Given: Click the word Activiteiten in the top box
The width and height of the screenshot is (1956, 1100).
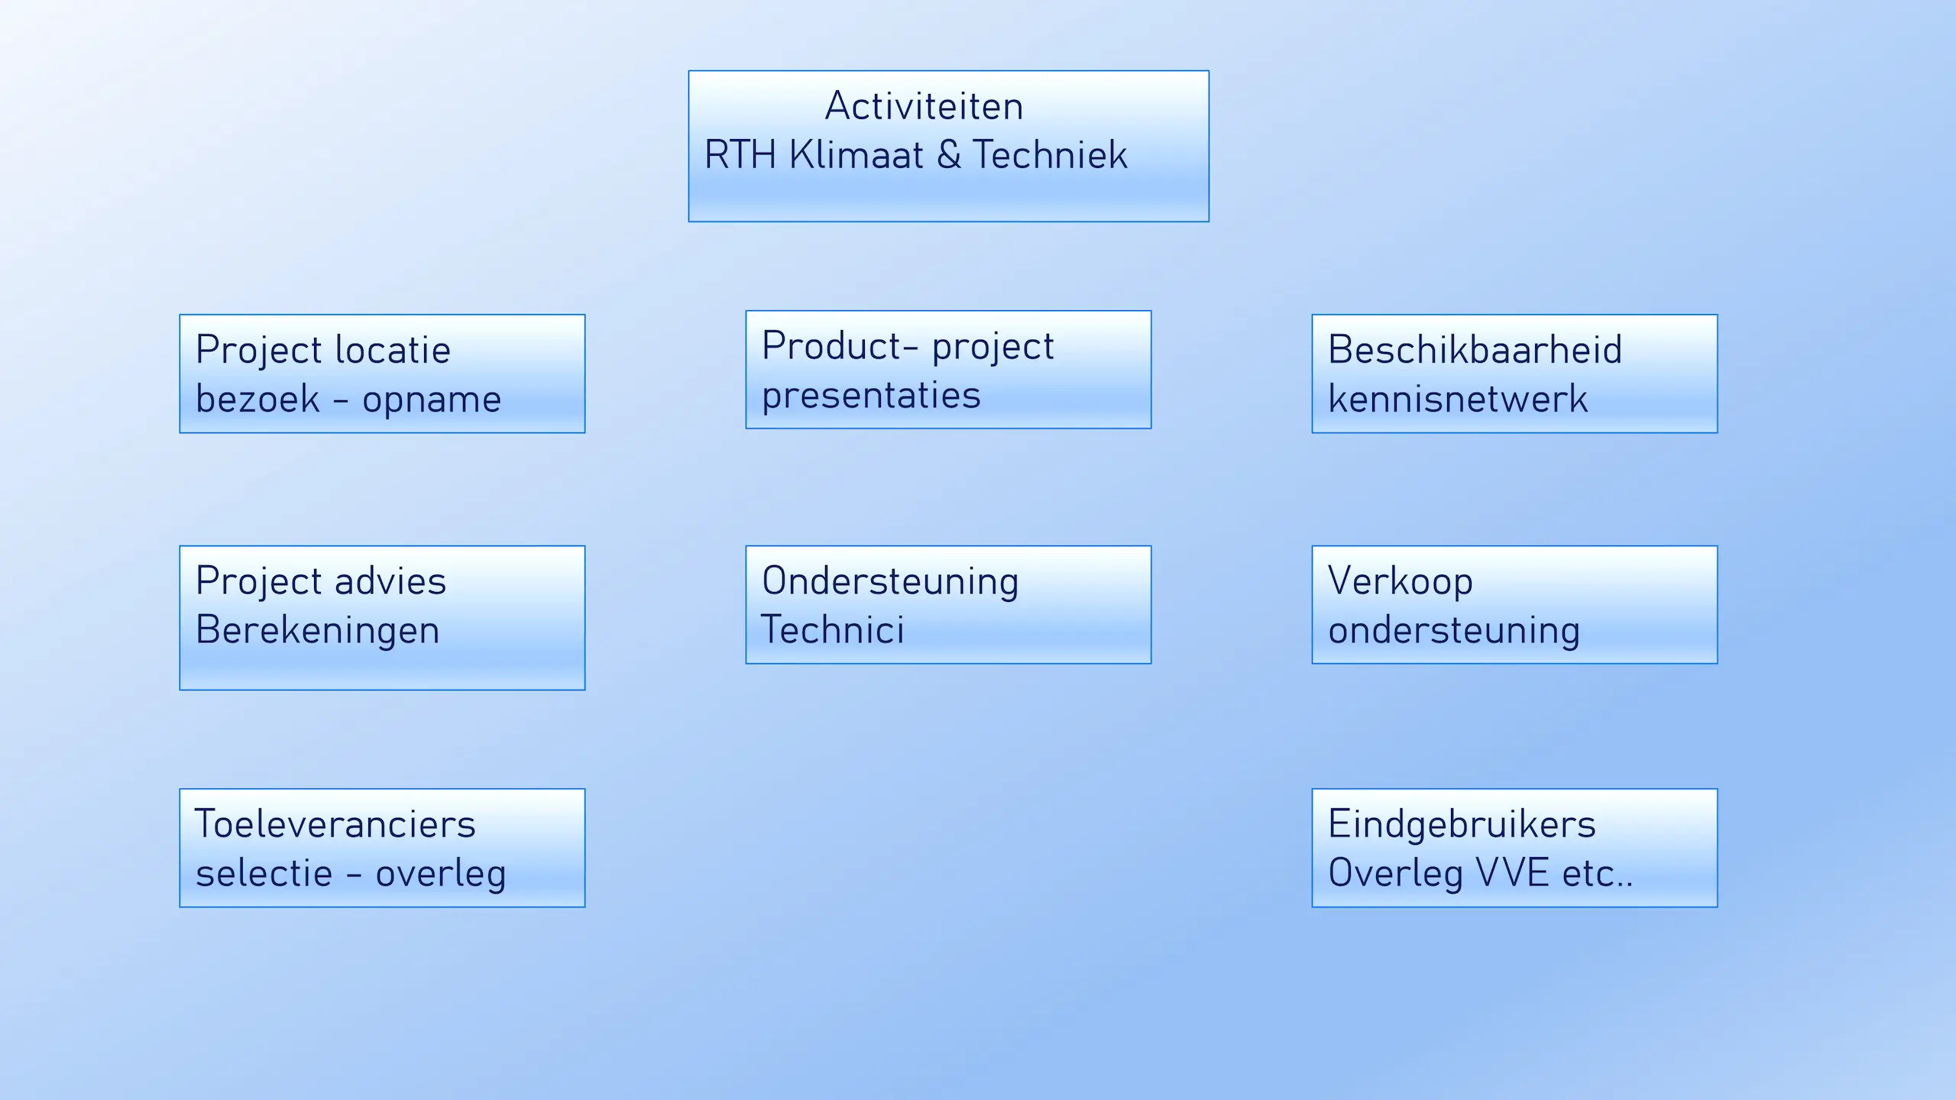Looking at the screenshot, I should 924,106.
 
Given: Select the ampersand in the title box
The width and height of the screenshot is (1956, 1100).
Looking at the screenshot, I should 948,154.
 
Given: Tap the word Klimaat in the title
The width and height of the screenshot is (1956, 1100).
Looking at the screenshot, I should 856,154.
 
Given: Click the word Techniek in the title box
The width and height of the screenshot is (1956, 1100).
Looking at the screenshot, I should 1050,154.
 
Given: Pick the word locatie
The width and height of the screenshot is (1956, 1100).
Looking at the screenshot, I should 393,350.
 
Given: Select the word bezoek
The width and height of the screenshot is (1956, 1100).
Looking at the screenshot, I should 257,399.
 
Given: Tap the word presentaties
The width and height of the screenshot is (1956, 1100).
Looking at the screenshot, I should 871,396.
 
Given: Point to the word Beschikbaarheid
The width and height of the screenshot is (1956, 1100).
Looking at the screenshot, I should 1475,350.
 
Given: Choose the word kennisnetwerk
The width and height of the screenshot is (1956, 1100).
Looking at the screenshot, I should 1458,399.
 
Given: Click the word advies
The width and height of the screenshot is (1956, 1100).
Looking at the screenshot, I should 390,581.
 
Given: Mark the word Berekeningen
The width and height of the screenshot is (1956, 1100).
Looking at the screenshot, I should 318,631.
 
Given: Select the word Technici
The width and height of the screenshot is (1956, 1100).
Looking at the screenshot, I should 833,630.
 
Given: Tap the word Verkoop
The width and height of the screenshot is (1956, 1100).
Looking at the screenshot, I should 1401,581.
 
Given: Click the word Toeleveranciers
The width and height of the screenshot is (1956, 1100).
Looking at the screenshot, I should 335,824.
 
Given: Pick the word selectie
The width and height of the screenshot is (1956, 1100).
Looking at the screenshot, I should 264,873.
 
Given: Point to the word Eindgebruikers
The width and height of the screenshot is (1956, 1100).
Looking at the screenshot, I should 1462,824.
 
